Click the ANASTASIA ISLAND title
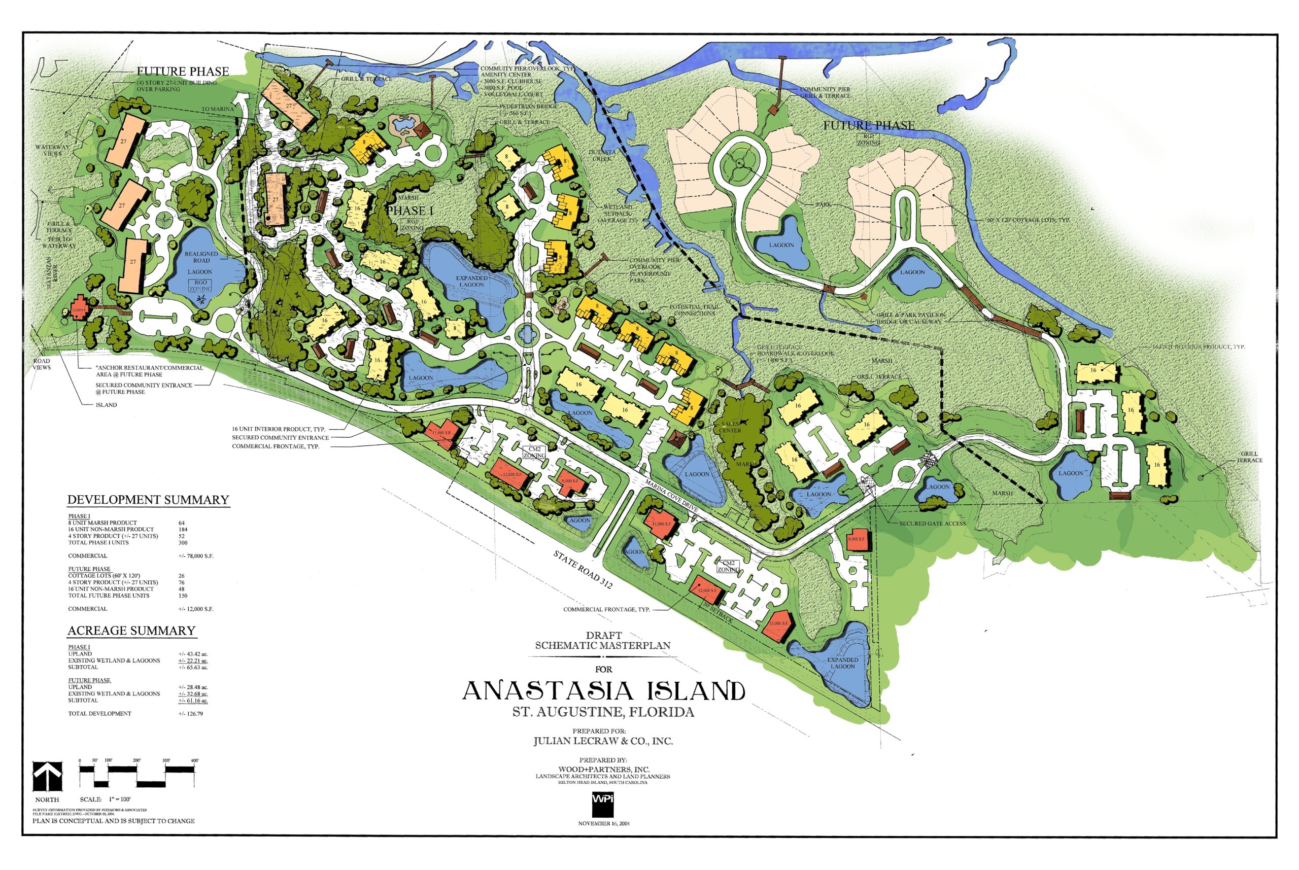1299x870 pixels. click(603, 691)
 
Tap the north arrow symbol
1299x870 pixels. click(47, 776)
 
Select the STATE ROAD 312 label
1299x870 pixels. click(582, 569)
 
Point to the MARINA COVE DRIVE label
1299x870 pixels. click(671, 496)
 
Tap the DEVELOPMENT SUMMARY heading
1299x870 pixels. click(148, 500)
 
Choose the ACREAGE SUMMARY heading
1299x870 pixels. click(131, 631)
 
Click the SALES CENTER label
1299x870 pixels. click(730, 427)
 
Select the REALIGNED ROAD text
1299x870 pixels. click(201, 257)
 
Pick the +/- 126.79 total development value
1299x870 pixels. click(190, 714)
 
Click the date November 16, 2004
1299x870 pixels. click(604, 823)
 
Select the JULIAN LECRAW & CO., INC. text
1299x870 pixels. click(603, 741)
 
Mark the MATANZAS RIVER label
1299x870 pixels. click(51, 272)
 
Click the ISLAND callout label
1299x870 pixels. click(106, 405)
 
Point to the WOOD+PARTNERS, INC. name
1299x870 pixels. click(604, 769)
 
